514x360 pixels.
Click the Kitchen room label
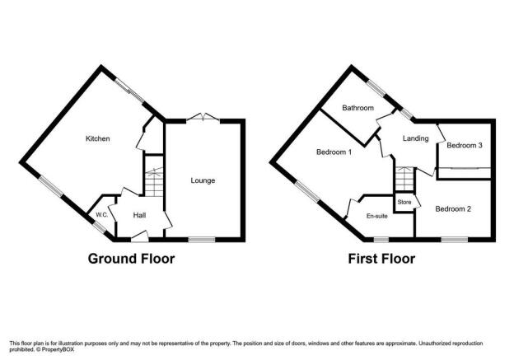tap(98, 138)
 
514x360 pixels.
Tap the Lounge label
tap(203, 180)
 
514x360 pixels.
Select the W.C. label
tap(102, 215)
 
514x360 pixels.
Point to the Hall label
tap(140, 215)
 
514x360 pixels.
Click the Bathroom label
tap(358, 108)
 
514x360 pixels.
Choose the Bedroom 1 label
tap(334, 152)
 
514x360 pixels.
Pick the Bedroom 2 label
tap(453, 209)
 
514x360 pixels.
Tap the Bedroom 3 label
tap(465, 145)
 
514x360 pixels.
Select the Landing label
tap(416, 138)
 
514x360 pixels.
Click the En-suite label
tap(377, 216)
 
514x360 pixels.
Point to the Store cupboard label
tap(404, 203)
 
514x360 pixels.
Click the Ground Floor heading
tap(131, 259)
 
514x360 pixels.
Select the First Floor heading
tap(381, 259)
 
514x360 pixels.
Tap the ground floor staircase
tap(154, 182)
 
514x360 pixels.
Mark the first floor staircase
tap(404, 179)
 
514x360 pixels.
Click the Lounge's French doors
tap(203, 118)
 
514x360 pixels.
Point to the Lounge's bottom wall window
tap(202, 240)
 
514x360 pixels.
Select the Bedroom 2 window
tap(455, 240)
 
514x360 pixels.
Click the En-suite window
tap(381, 240)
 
